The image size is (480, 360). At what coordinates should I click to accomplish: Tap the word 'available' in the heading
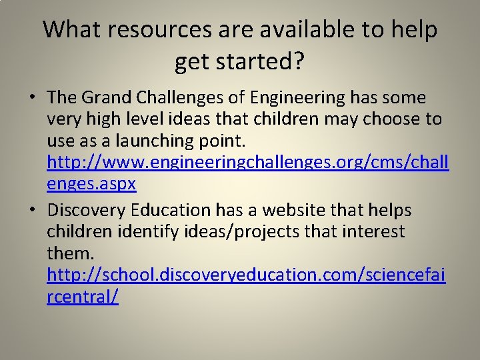click(281, 29)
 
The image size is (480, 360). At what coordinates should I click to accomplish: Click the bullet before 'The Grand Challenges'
click(32, 98)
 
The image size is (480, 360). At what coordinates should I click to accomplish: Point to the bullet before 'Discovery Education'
click(32, 210)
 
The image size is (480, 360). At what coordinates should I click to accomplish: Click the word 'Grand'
click(105, 97)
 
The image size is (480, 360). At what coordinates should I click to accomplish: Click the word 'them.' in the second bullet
click(71, 253)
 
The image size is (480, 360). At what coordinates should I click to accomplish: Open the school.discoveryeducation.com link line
click(247, 275)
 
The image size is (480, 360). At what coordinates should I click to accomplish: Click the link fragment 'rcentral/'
click(83, 297)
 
